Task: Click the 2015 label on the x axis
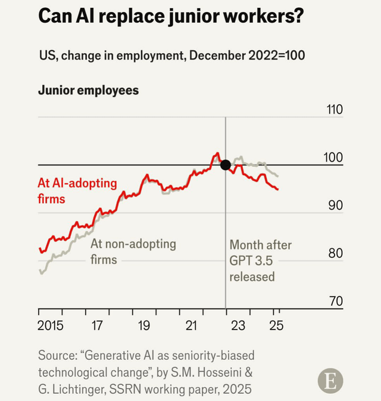click(50, 327)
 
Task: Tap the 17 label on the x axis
click(98, 327)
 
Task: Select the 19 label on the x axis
click(144, 327)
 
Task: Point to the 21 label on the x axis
click(191, 327)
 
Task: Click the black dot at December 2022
click(225, 165)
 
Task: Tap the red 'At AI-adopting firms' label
click(77, 191)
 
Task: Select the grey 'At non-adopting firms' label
click(133, 251)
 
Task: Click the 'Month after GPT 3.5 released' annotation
click(261, 260)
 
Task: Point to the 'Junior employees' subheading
click(88, 91)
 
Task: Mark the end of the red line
click(278, 189)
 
